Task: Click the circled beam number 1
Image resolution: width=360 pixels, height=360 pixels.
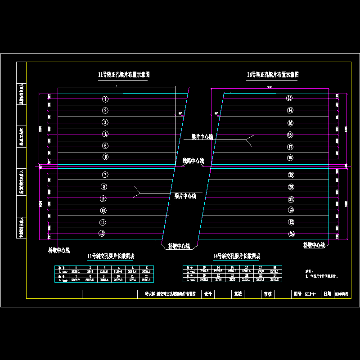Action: point(105,99)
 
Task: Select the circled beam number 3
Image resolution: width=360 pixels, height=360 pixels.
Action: point(105,122)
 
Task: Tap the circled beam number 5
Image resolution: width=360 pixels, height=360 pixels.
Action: point(105,145)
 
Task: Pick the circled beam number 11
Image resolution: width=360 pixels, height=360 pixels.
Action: point(103,222)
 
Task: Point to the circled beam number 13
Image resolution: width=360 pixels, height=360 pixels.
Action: point(290,98)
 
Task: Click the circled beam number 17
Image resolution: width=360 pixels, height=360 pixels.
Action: point(290,147)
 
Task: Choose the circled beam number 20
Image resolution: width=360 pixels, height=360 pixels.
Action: point(291,187)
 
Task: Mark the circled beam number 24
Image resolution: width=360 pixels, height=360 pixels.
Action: point(292,234)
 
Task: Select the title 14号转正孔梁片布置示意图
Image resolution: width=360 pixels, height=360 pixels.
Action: point(273,74)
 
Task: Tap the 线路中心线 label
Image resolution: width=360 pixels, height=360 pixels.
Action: point(193,161)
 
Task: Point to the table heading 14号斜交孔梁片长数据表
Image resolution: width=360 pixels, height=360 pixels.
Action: point(237,256)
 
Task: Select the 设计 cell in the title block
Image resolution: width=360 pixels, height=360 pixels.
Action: point(208,294)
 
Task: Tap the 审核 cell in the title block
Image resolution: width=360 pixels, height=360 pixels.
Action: point(267,294)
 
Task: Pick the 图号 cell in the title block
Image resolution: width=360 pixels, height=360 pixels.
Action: point(297,294)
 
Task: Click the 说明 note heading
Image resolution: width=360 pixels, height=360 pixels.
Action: point(308,271)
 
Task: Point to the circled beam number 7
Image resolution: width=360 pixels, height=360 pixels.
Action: point(105,175)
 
